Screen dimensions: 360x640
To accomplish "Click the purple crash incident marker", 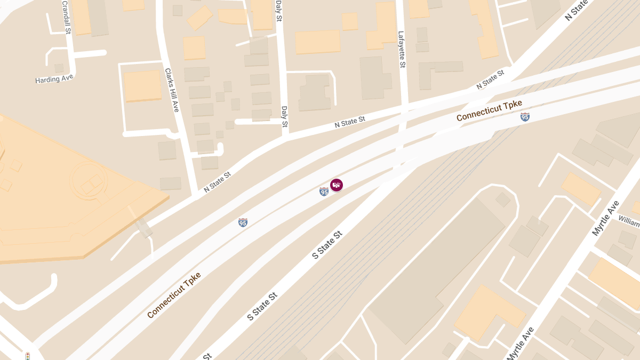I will pos(337,185).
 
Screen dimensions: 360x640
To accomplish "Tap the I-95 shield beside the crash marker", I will pos(324,191).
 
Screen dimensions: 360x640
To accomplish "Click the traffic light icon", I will pos(27,356).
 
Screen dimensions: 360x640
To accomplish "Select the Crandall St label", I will pos(66,17).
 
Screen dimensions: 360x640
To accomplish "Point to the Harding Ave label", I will pos(54,79).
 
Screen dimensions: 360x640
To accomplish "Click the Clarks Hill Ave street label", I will pos(171,90).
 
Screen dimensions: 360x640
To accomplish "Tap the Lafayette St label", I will pos(402,49).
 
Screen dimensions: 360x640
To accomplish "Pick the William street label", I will pos(629,221).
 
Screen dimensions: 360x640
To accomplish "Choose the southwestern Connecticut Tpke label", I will pos(174,295).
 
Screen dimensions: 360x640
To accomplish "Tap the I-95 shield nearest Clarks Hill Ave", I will pos(243,222).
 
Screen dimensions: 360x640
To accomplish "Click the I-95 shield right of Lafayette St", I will pos(525,117).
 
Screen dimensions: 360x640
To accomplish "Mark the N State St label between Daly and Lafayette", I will pos(350,122).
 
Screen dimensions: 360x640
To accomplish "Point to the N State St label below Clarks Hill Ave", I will pos(218,181).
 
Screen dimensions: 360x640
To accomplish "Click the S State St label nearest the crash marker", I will pos(326,245).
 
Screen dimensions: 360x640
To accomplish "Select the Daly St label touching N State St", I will pos(285,117).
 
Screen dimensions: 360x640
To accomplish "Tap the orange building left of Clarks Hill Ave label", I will pos(142,85).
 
